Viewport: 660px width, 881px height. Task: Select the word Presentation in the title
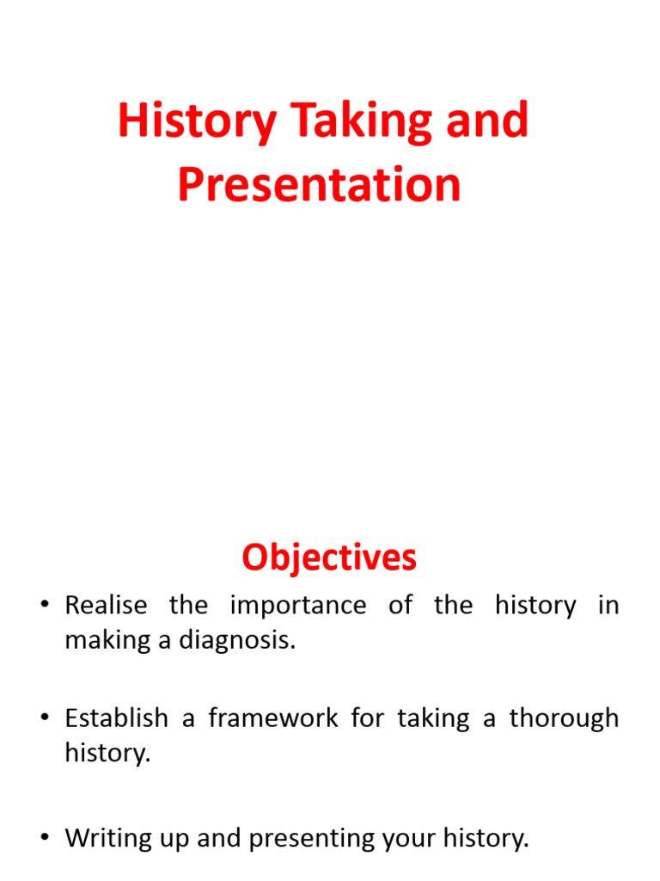pos(319,185)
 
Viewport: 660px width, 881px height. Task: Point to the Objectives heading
pos(329,558)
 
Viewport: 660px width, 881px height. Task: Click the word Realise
pos(106,606)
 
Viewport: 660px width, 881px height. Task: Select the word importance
pos(297,606)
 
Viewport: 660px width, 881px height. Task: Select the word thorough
pos(564,718)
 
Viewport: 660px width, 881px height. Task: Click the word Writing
pos(108,839)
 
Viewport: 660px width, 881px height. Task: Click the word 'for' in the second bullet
pos(367,718)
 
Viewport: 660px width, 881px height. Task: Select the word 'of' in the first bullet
pos(400,606)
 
